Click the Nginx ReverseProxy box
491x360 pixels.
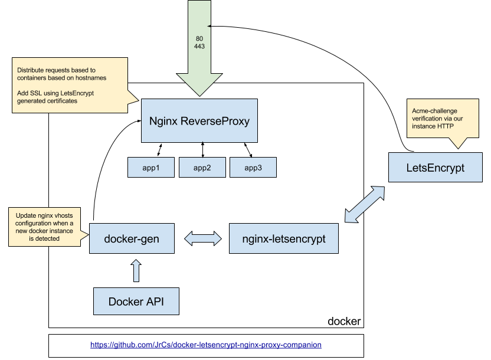199,121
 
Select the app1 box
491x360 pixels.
151,168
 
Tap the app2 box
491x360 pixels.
202,168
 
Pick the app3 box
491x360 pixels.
253,168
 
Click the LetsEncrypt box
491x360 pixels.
436,168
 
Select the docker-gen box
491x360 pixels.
132,238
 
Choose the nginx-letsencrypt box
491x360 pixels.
283,238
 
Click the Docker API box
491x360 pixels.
136,302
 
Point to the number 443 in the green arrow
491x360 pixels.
199,47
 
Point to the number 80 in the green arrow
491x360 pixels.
199,39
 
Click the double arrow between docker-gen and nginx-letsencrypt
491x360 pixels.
202,238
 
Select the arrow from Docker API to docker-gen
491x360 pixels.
136,271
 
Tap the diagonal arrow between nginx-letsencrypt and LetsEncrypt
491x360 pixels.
364,205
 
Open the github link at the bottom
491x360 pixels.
205,345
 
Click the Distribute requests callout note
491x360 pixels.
71,85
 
